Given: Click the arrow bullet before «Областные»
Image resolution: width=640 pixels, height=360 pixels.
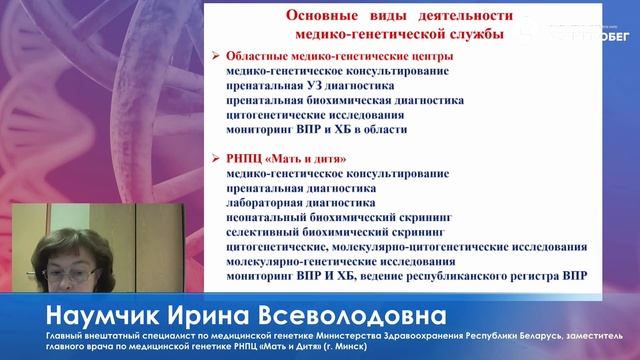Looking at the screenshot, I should point(216,57).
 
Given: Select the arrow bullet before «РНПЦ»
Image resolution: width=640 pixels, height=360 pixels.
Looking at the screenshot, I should point(216,158).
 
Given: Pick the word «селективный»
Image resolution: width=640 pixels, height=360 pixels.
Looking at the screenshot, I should point(263,230).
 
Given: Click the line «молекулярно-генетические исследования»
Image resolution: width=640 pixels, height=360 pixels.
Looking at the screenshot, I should point(327,259).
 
